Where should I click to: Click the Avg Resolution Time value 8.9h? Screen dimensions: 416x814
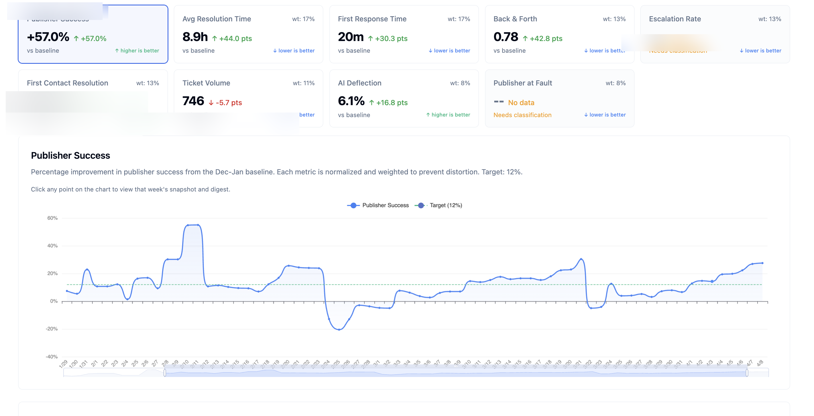195,37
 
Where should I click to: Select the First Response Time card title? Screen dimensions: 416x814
372,19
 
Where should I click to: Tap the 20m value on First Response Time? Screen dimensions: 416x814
351,37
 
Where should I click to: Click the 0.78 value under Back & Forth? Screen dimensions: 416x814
506,37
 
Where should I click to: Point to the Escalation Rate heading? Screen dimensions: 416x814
675,19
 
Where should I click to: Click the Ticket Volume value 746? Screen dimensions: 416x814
193,101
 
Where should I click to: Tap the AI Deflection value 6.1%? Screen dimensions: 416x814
351,101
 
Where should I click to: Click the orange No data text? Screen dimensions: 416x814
521,103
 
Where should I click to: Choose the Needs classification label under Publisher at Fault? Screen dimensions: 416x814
522,115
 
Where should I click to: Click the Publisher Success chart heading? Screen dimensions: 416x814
70,155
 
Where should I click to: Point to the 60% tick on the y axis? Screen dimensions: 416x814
52,218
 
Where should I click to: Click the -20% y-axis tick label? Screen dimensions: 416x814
52,329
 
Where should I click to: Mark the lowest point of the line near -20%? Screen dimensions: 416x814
339,329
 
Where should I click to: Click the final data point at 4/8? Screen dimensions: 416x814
762,263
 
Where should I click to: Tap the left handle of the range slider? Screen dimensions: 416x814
165,373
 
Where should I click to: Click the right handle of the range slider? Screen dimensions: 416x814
747,373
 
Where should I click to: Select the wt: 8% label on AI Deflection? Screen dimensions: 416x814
460,83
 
